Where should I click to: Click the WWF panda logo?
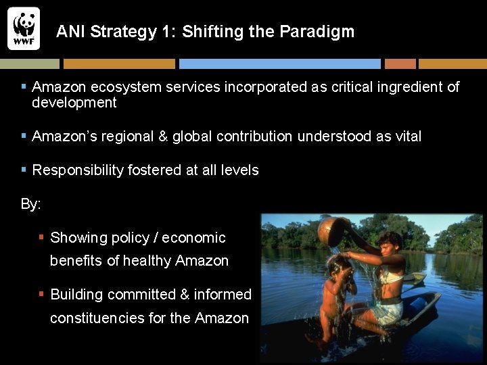point(24,28)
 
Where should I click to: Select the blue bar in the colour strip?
point(279,64)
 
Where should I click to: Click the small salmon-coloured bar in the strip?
point(400,64)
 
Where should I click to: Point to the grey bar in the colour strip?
point(30,64)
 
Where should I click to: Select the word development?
point(74,103)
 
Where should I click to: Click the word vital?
point(407,137)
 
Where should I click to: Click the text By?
point(31,204)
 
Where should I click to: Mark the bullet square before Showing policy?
point(41,237)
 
